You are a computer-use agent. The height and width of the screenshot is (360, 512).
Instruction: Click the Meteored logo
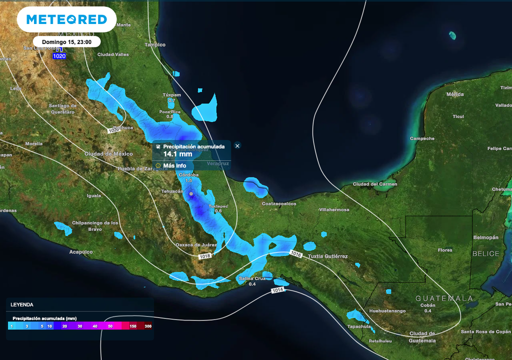click(x=66, y=19)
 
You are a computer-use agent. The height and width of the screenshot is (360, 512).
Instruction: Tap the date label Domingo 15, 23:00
click(x=66, y=42)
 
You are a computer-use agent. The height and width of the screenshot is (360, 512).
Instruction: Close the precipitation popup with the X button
click(x=237, y=146)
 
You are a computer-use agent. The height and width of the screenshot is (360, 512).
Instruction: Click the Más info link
click(x=174, y=165)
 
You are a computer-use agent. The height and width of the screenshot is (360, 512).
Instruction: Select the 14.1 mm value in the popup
click(x=177, y=154)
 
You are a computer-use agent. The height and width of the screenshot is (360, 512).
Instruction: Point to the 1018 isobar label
click(x=204, y=256)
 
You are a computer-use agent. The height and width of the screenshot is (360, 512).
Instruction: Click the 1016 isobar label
click(x=296, y=254)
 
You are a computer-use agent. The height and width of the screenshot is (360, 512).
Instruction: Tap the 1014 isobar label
click(x=278, y=290)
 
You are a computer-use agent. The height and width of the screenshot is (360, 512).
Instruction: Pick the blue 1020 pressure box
click(x=59, y=56)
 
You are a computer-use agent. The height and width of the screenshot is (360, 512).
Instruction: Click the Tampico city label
click(x=155, y=45)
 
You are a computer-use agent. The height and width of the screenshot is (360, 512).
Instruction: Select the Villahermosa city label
click(x=334, y=210)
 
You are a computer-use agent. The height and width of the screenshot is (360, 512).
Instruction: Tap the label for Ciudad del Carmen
click(x=375, y=184)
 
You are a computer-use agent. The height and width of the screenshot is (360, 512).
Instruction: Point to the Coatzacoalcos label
click(x=279, y=203)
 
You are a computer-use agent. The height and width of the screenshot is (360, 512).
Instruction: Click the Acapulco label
click(x=81, y=252)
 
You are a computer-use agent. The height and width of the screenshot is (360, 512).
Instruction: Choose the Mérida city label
click(x=455, y=94)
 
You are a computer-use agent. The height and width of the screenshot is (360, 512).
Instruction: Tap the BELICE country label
click(x=486, y=253)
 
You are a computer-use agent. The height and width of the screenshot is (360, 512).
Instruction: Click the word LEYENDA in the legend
click(x=22, y=304)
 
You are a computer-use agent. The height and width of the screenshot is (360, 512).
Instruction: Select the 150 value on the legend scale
click(x=133, y=326)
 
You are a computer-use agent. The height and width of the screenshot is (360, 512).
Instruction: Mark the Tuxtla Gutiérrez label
click(x=327, y=256)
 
